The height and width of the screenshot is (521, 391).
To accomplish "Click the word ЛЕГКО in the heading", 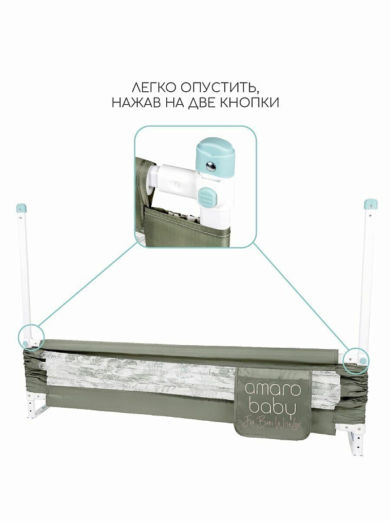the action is coord(154,87).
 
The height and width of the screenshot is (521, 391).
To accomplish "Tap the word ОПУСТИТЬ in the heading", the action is coord(220,88).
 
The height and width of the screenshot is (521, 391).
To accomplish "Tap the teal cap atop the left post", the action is coord(21,208).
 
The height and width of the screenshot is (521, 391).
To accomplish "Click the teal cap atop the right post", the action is coord(370,204).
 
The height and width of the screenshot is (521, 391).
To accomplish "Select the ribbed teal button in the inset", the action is coord(207,197).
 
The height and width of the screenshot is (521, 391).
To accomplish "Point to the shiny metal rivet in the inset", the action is coord(210,166).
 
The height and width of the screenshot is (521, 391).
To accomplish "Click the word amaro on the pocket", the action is coord(272,389).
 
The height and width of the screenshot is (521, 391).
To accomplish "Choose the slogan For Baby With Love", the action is coord(272,424).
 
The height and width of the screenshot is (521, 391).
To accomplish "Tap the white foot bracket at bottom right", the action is coord(352,438).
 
